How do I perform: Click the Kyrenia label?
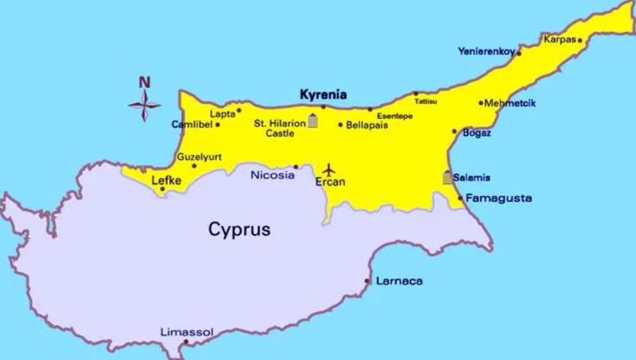(323, 95)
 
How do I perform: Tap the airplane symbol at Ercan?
(329, 170)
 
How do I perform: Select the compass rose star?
(144, 104)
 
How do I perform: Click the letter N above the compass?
(145, 83)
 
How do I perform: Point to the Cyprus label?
(239, 229)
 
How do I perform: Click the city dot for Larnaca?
(367, 281)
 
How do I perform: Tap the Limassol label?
(186, 332)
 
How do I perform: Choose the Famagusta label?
(498, 198)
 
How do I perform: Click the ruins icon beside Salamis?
(447, 177)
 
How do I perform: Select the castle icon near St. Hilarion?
(313, 120)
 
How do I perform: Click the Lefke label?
(167, 181)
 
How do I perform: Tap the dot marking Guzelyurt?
(195, 166)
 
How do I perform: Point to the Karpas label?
(560, 39)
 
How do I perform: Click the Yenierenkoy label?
(486, 51)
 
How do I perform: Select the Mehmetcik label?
(510, 103)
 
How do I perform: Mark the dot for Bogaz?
(455, 131)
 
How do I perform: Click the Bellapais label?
(367, 125)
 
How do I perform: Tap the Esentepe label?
(395, 116)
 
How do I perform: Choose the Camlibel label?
(192, 124)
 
